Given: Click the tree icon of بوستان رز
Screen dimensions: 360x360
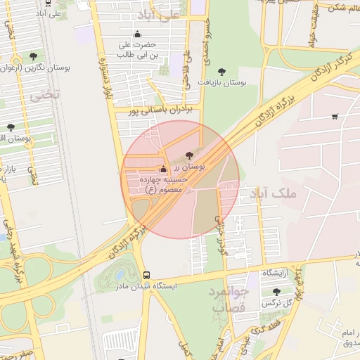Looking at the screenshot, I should point(189,155).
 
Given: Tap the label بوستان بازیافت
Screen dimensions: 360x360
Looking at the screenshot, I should point(223,83).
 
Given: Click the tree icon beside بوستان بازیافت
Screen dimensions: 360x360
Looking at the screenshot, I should point(223,72).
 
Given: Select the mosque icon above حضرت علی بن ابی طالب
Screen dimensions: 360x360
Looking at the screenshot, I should point(136,34).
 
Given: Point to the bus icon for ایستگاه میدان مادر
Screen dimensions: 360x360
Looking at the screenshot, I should point(146,275).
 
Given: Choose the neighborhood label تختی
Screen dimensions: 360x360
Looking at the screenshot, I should point(49,93).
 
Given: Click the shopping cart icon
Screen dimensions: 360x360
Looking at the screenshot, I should point(334,117).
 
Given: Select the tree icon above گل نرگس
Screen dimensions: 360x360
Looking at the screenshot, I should point(275,290).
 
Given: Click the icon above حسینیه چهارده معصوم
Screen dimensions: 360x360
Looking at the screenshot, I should point(163,169).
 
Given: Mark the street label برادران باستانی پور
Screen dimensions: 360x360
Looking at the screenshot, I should point(160,110).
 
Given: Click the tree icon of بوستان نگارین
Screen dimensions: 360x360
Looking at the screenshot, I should point(33,56).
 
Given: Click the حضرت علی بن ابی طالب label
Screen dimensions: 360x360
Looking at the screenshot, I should point(136,49).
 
